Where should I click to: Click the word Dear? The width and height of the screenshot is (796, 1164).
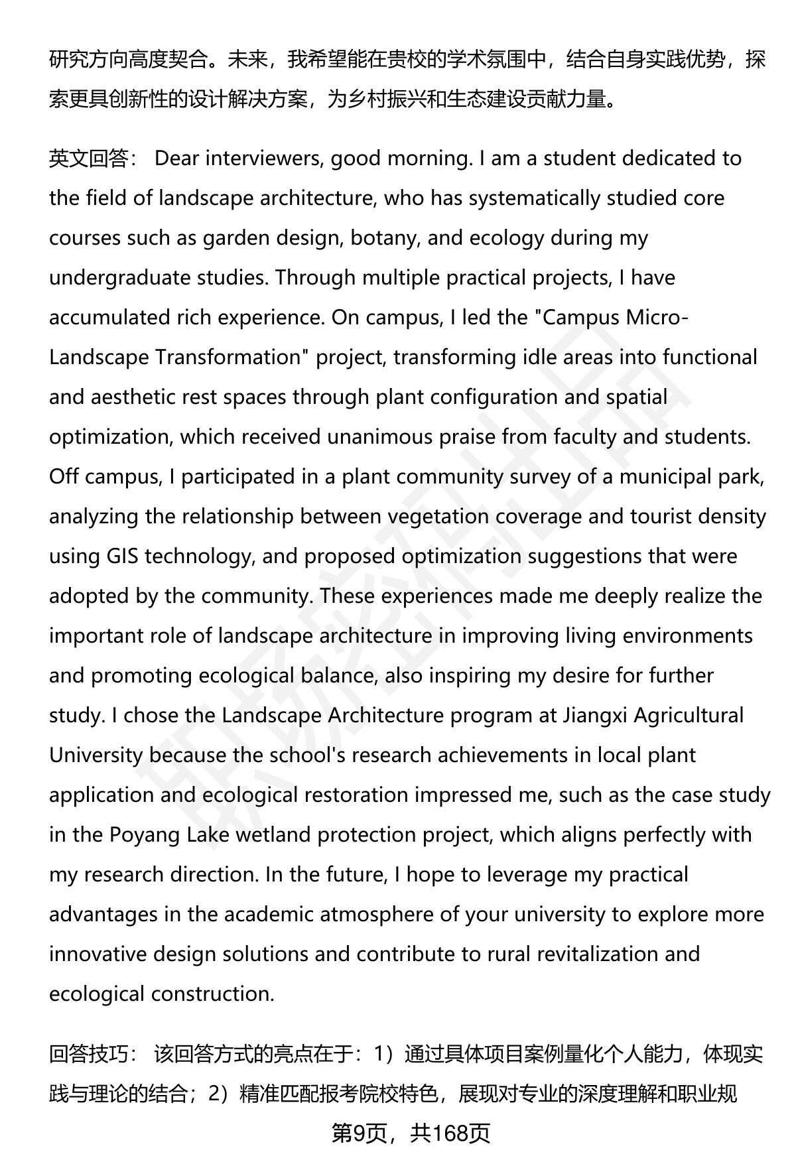coord(177,159)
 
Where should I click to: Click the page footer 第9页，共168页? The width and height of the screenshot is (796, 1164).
coord(411,1133)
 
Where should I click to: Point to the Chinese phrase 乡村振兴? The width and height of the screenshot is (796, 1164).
coord(387,99)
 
